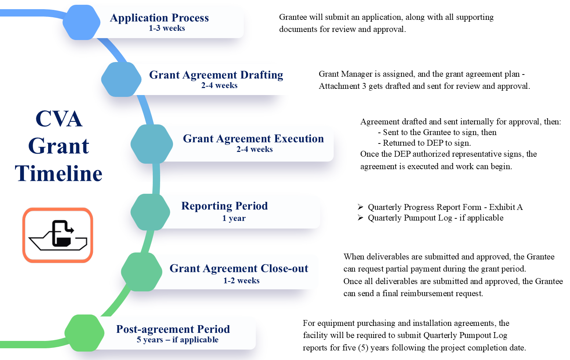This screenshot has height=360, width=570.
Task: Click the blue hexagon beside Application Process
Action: pos(82,22)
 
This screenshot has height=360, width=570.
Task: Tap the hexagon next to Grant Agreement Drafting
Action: pos(121,80)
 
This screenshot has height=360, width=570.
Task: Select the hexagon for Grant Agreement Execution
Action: pos(152,144)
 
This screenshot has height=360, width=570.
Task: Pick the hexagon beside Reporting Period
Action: pos(151,212)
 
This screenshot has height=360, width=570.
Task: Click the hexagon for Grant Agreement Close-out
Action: pos(141,272)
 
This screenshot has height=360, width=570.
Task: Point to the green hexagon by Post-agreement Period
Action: pos(84,333)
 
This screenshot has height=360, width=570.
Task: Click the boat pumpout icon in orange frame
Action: pos(58,235)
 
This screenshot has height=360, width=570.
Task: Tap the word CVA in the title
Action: pos(59,119)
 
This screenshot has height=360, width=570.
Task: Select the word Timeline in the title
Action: pos(59,174)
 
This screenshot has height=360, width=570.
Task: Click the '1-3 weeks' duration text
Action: pos(167,28)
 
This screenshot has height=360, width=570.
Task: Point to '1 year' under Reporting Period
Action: pos(234,218)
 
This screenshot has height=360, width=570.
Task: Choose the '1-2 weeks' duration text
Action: pos(241,281)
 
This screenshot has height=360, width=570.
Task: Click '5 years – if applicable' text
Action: pos(177,340)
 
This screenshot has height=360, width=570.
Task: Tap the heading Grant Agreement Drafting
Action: pos(216,75)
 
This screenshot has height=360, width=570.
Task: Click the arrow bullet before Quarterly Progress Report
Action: pos(360,207)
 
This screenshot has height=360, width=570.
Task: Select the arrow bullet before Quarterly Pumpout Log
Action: pos(360,218)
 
